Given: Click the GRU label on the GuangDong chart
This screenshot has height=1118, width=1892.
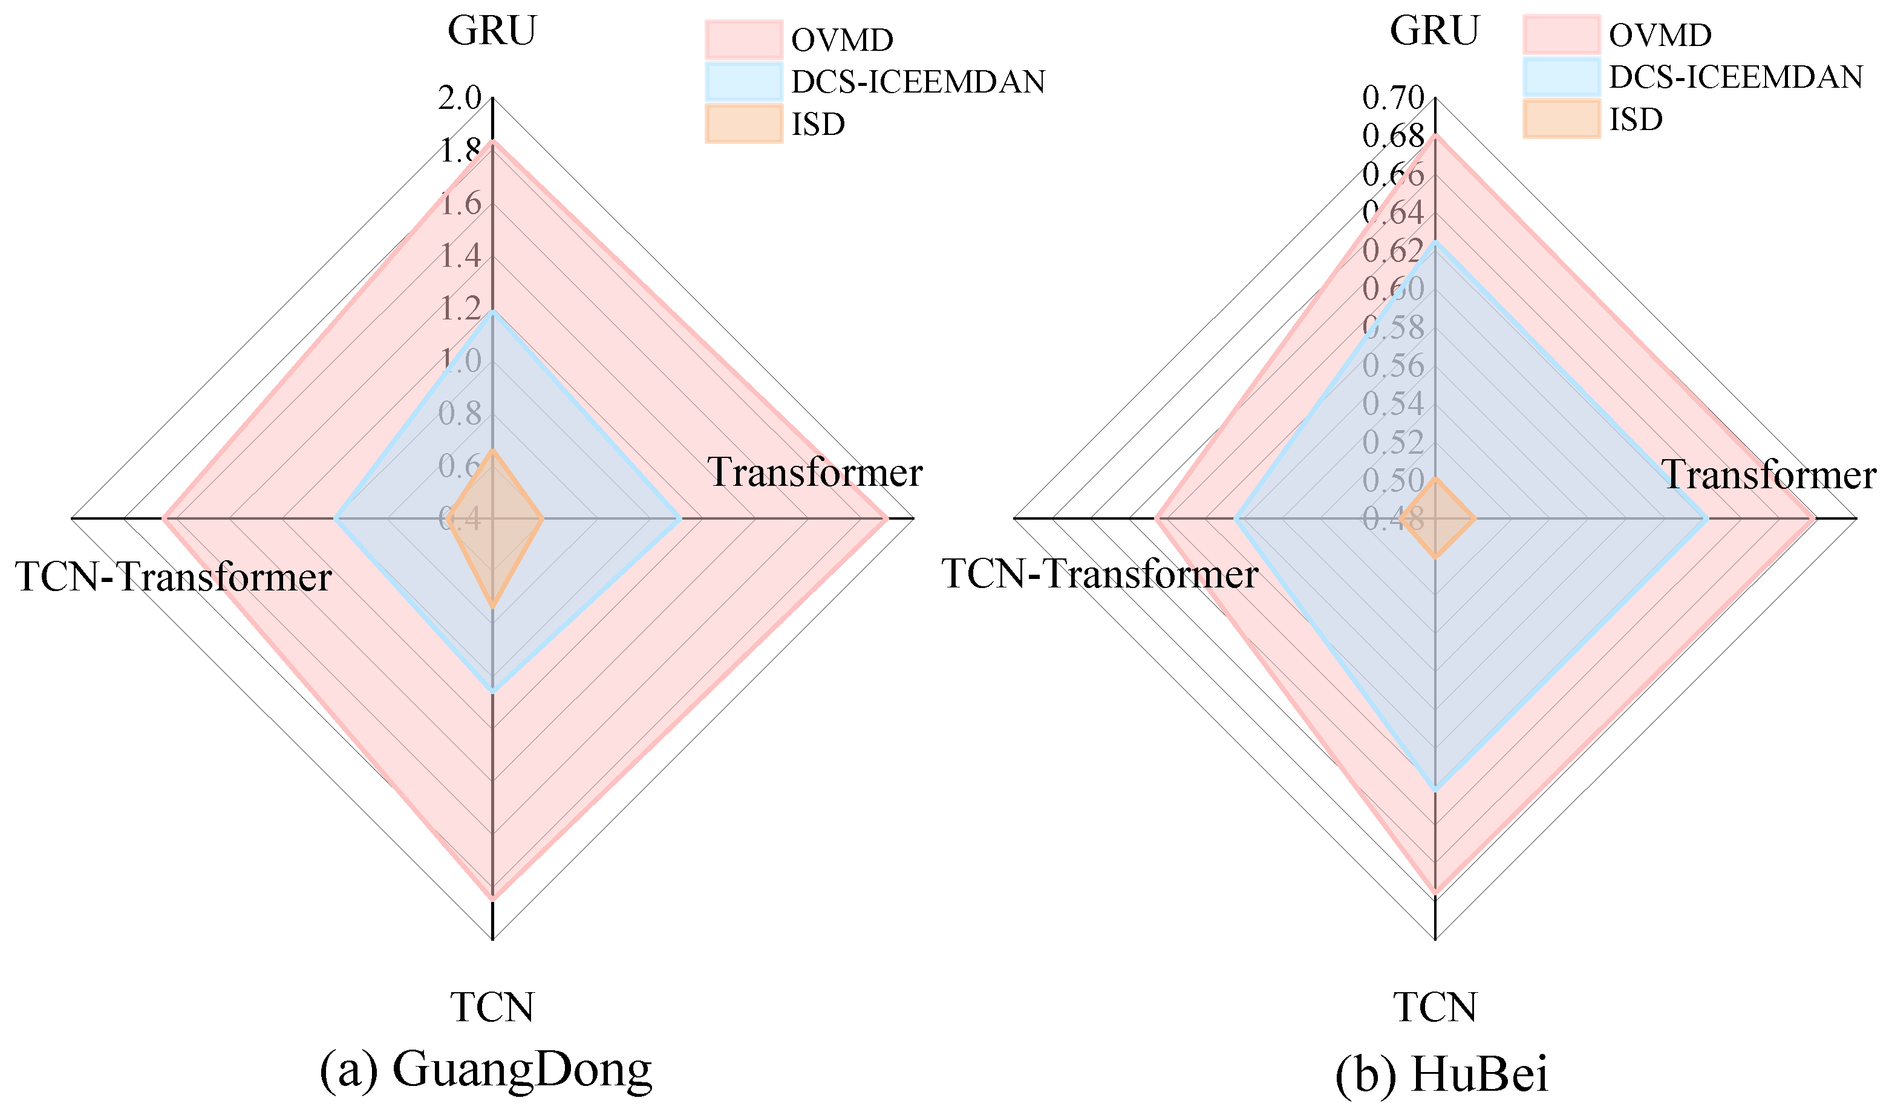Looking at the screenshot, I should (492, 31).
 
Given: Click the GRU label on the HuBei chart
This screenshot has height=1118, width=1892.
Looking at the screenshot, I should (1434, 31).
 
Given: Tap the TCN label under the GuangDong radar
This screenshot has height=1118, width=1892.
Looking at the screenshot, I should (492, 1007).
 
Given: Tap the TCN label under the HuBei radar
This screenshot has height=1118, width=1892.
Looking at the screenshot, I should (1435, 1007).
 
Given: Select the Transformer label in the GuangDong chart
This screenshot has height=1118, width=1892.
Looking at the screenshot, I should (815, 473).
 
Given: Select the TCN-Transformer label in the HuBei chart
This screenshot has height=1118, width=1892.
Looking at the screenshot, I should (1100, 574).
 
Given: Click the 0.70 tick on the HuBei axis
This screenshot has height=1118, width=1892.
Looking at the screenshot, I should (1394, 98).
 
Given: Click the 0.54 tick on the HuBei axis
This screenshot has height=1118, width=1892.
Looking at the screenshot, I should (1394, 404).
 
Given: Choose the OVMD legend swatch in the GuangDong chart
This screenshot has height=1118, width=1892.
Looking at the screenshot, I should (743, 39).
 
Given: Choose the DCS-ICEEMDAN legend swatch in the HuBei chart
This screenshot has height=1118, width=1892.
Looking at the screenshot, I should (1561, 77).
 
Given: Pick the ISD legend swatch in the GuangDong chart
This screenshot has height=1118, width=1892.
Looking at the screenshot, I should (743, 123).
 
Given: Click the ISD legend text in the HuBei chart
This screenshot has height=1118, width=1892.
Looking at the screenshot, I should (1636, 119).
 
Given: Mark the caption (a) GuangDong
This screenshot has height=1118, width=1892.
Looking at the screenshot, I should (486, 1070).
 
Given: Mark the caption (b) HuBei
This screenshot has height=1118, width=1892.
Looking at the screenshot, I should (1441, 1074).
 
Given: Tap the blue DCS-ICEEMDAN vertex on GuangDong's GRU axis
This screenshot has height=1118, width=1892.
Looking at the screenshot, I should (492, 312).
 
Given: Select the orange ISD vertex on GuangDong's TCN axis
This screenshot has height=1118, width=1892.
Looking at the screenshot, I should (492, 606).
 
